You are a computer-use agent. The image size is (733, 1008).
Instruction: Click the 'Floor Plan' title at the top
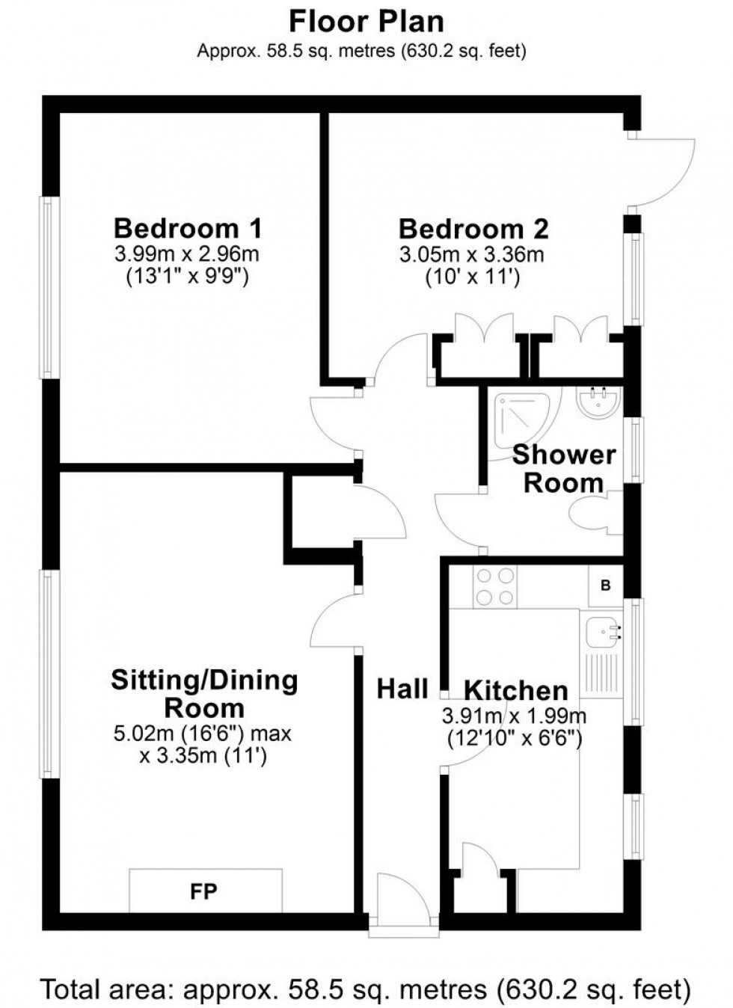[366, 22]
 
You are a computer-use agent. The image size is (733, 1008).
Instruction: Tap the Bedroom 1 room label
[188, 227]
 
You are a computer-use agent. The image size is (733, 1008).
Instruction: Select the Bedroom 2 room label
[473, 228]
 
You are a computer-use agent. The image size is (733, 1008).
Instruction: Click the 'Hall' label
[402, 689]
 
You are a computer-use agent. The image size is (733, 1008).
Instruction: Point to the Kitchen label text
[515, 690]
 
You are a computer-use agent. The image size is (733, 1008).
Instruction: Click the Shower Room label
[563, 469]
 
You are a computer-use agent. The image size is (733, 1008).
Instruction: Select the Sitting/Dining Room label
[204, 693]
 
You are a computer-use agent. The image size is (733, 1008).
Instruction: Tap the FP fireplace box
[205, 891]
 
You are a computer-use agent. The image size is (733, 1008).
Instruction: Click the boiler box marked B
[605, 586]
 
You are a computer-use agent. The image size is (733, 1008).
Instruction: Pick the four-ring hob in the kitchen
[494, 587]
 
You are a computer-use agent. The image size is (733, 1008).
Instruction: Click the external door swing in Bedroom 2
[662, 170]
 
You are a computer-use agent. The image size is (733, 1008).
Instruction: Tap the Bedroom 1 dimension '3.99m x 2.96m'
[187, 253]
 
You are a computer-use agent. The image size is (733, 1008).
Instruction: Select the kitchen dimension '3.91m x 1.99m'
[514, 716]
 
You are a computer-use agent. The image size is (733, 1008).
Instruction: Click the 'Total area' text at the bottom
[365, 989]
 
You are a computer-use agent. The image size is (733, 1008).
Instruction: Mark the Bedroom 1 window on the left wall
[49, 287]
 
